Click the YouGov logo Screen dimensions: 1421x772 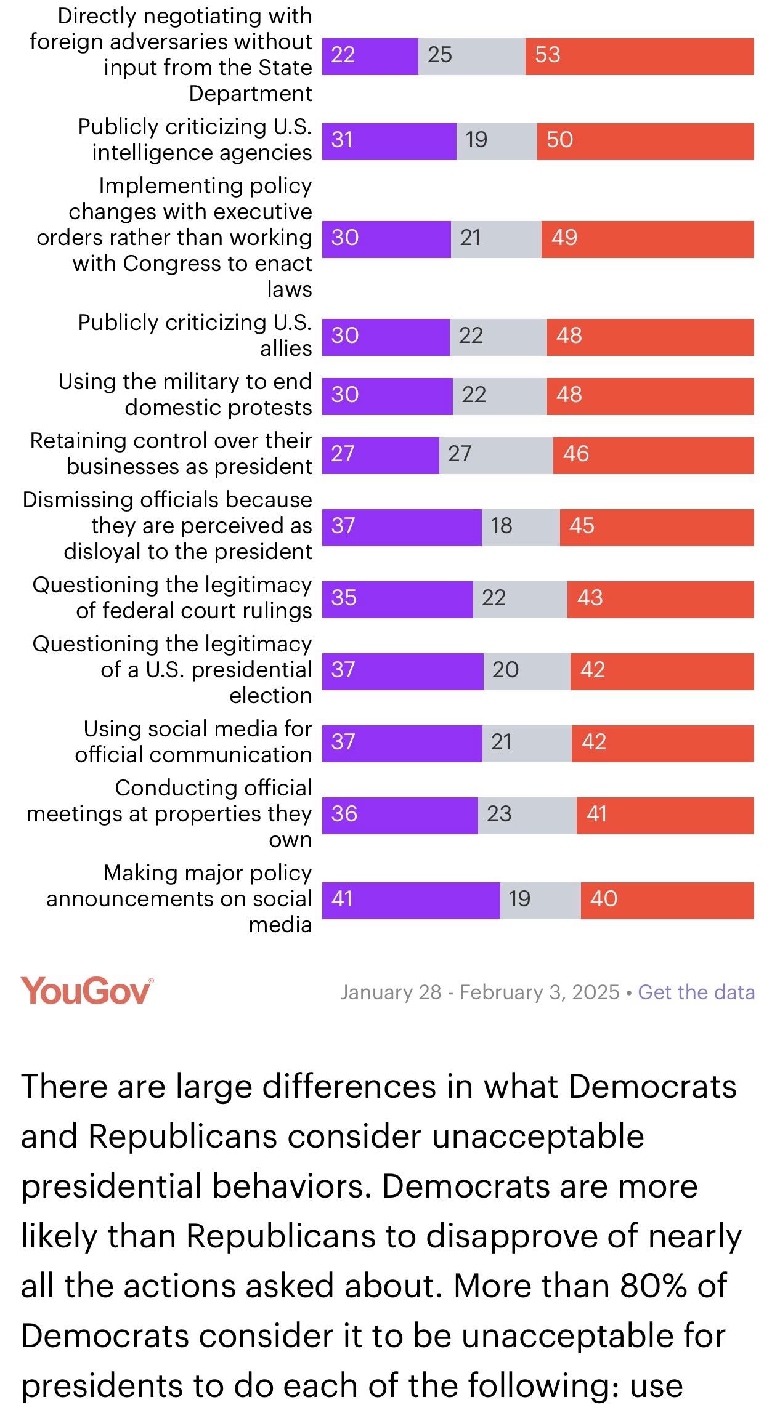[x=86, y=991]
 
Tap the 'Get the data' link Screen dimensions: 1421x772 [x=696, y=992]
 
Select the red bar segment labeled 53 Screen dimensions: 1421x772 [x=639, y=56]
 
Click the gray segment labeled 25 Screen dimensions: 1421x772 [x=471, y=56]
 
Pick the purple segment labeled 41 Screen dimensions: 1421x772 [x=411, y=900]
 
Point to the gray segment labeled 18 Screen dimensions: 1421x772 [x=520, y=526]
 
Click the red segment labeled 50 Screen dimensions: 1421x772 [x=645, y=141]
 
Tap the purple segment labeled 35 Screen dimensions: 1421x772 [x=397, y=598]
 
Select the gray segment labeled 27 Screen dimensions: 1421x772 [x=496, y=454]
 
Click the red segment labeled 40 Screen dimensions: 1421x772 [x=667, y=900]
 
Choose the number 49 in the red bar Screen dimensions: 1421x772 [x=564, y=238]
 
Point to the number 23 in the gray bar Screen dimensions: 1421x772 [x=499, y=814]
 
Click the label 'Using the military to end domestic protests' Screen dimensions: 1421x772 [x=185, y=394]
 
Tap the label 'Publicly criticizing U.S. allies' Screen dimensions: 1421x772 [x=195, y=335]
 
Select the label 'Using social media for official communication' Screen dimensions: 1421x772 [x=193, y=741]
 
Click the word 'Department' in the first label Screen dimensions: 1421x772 [x=250, y=94]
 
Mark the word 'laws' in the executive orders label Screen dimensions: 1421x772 [x=289, y=289]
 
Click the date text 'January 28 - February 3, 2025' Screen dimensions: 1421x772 [x=479, y=992]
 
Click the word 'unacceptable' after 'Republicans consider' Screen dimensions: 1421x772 [x=537, y=1136]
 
